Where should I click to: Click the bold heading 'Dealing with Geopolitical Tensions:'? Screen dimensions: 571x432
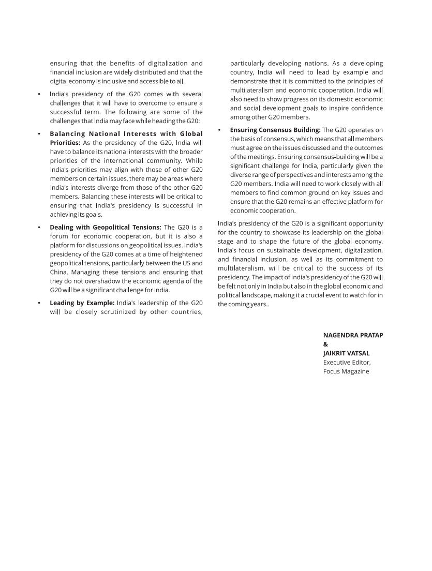point(106,227)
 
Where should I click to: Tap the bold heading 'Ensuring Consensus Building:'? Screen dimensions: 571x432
point(275,130)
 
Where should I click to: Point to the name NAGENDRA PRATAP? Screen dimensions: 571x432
point(353,335)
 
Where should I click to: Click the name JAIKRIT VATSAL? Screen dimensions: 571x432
point(346,353)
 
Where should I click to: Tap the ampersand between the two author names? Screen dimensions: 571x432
point(325,344)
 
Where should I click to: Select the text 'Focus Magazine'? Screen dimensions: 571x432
point(346,371)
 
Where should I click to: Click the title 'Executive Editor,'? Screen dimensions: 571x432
point(347,362)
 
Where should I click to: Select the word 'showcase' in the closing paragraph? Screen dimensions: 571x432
point(305,232)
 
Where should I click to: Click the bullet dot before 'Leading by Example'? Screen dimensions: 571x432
point(39,303)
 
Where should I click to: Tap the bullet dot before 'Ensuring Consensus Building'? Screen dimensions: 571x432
point(219,130)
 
